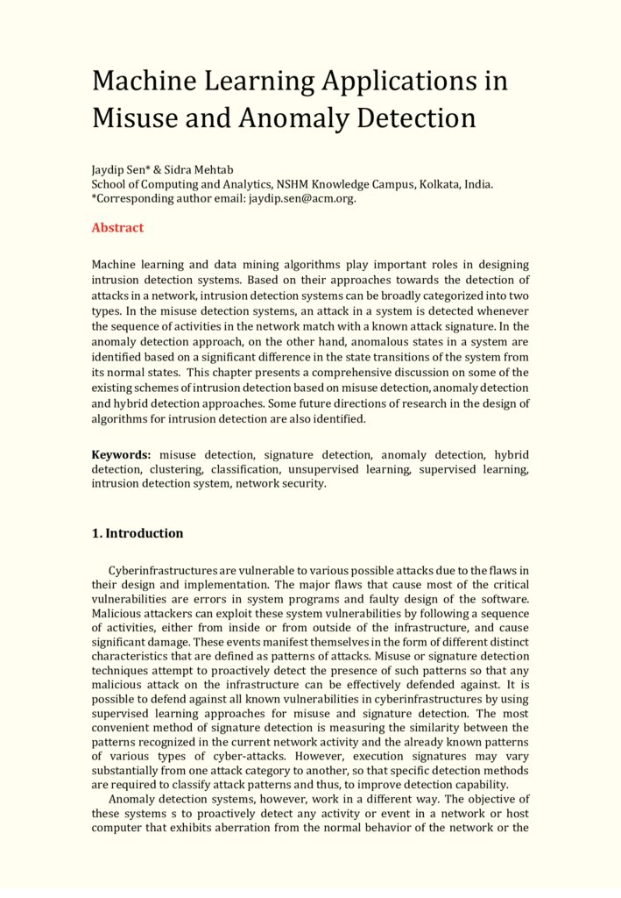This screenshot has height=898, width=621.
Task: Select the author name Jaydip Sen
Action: pyautogui.click(x=119, y=169)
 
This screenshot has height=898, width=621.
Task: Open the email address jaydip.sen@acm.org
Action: pyautogui.click(x=301, y=198)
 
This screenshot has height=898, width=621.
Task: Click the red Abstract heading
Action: pyautogui.click(x=117, y=228)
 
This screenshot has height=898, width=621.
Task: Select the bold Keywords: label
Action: pyautogui.click(x=122, y=455)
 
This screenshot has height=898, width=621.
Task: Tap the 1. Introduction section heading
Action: pyautogui.click(x=138, y=533)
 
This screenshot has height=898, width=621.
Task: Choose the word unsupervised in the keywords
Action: pyautogui.click(x=364, y=469)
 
